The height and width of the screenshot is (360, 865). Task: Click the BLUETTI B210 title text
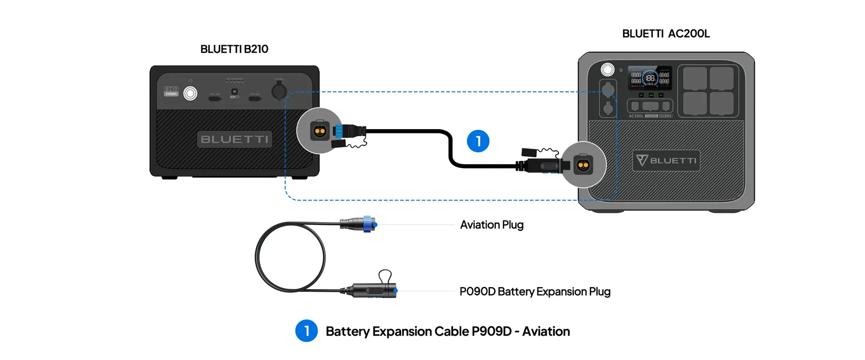[234, 49]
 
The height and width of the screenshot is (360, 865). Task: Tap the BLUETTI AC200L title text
[666, 34]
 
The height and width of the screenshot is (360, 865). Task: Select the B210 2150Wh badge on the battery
[171, 91]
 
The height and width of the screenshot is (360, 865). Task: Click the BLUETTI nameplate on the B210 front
[234, 139]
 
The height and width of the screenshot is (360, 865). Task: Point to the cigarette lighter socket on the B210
[279, 90]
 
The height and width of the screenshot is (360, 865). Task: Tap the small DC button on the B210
[234, 91]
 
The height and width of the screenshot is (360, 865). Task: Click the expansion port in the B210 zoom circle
[319, 131]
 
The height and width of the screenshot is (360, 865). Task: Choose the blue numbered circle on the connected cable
[478, 141]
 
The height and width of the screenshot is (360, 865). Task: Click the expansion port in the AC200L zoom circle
[583, 165]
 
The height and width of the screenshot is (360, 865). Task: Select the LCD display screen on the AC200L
[650, 78]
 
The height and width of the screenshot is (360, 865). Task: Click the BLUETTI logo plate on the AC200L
[666, 161]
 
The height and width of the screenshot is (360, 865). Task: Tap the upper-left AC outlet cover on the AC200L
[694, 78]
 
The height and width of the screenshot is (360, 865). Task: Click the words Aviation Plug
[492, 225]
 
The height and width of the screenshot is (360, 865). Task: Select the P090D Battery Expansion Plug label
[535, 292]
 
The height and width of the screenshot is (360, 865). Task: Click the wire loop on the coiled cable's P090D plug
[385, 276]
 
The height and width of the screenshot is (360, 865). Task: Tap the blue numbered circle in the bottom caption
[306, 331]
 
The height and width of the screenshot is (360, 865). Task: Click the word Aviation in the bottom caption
[546, 331]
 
